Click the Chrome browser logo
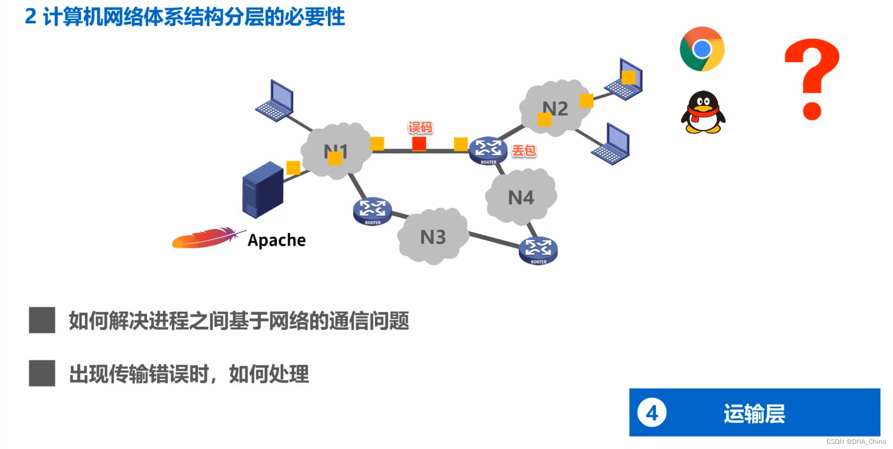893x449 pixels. click(702, 49)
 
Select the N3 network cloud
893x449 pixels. click(433, 237)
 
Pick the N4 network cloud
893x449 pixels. click(521, 197)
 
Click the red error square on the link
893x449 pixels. click(419, 144)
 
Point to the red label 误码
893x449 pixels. click(420, 128)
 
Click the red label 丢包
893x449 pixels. click(524, 151)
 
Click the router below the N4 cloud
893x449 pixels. click(538, 250)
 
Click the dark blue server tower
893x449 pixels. click(263, 190)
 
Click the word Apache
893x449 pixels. click(277, 240)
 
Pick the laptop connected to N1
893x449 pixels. click(275, 101)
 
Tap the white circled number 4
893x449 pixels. click(652, 413)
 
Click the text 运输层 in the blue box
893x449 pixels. click(754, 414)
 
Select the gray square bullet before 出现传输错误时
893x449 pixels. click(42, 373)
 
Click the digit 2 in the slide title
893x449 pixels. click(31, 17)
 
